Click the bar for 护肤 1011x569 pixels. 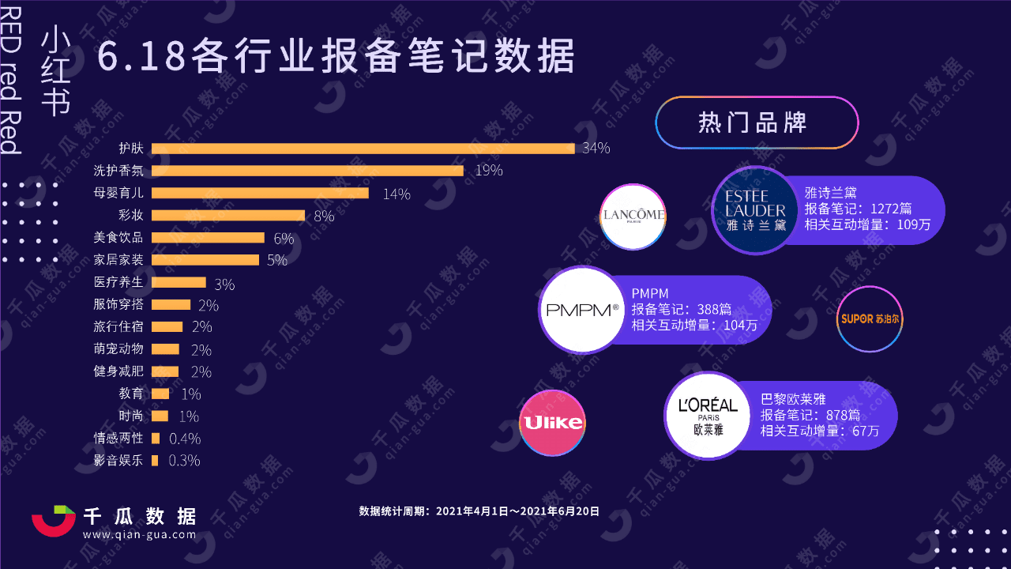(x=363, y=149)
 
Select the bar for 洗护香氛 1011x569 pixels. (x=307, y=171)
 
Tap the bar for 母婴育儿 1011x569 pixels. (x=260, y=193)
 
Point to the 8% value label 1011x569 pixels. (x=324, y=216)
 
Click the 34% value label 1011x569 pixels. (x=596, y=149)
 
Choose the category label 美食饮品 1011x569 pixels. (x=118, y=238)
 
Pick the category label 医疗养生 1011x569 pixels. (x=118, y=282)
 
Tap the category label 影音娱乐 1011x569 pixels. (x=118, y=460)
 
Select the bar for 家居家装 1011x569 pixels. (x=205, y=260)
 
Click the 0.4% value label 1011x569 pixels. (x=185, y=438)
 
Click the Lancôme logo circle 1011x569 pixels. (x=633, y=217)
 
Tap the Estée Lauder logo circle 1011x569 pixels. (x=755, y=210)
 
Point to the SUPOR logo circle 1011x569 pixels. (x=869, y=319)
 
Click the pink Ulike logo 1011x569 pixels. (x=552, y=423)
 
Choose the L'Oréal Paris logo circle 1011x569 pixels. (x=708, y=415)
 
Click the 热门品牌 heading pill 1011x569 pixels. (x=756, y=122)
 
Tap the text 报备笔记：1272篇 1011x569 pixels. (x=858, y=209)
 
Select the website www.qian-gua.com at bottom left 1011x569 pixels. (x=139, y=535)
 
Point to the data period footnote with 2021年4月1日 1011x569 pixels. (x=479, y=511)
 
